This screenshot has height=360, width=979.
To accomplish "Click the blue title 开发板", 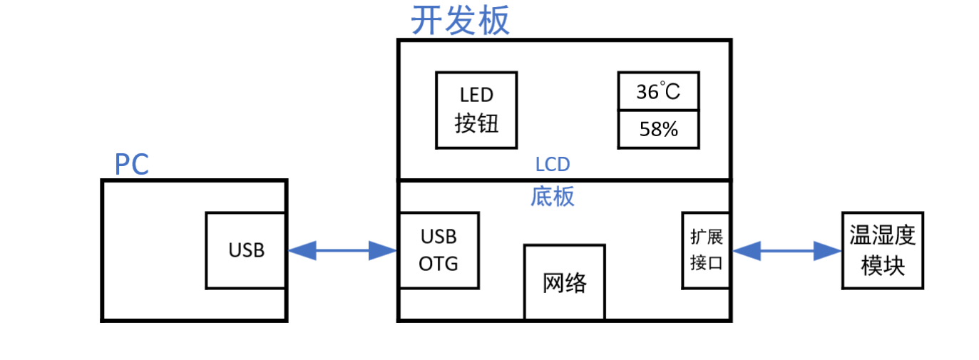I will (x=461, y=21).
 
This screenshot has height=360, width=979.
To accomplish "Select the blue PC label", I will (x=131, y=165).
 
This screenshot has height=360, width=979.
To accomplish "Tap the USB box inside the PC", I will (x=246, y=250).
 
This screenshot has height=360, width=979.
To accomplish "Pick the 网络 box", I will (x=565, y=283).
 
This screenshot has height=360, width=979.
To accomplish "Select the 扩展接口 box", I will (x=706, y=250).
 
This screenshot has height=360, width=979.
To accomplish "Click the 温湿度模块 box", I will (x=883, y=250).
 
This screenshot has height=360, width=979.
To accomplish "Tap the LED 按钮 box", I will (x=476, y=110).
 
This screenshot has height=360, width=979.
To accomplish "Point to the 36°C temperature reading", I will (x=658, y=92).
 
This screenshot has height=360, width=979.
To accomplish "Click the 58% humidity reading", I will (x=658, y=130).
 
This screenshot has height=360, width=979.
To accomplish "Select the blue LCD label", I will (x=553, y=165).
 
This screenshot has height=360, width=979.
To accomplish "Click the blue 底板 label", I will (x=553, y=196).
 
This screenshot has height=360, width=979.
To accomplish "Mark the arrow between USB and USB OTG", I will (x=342, y=250).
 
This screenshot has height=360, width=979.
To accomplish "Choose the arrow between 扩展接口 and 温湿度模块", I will (x=786, y=250).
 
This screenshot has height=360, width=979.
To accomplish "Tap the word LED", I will (x=476, y=95).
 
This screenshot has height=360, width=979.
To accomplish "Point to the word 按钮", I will (x=476, y=125).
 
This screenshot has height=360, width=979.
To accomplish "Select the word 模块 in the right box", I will (x=883, y=266).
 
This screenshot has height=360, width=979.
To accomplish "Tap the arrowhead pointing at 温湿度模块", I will (x=829, y=250).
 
